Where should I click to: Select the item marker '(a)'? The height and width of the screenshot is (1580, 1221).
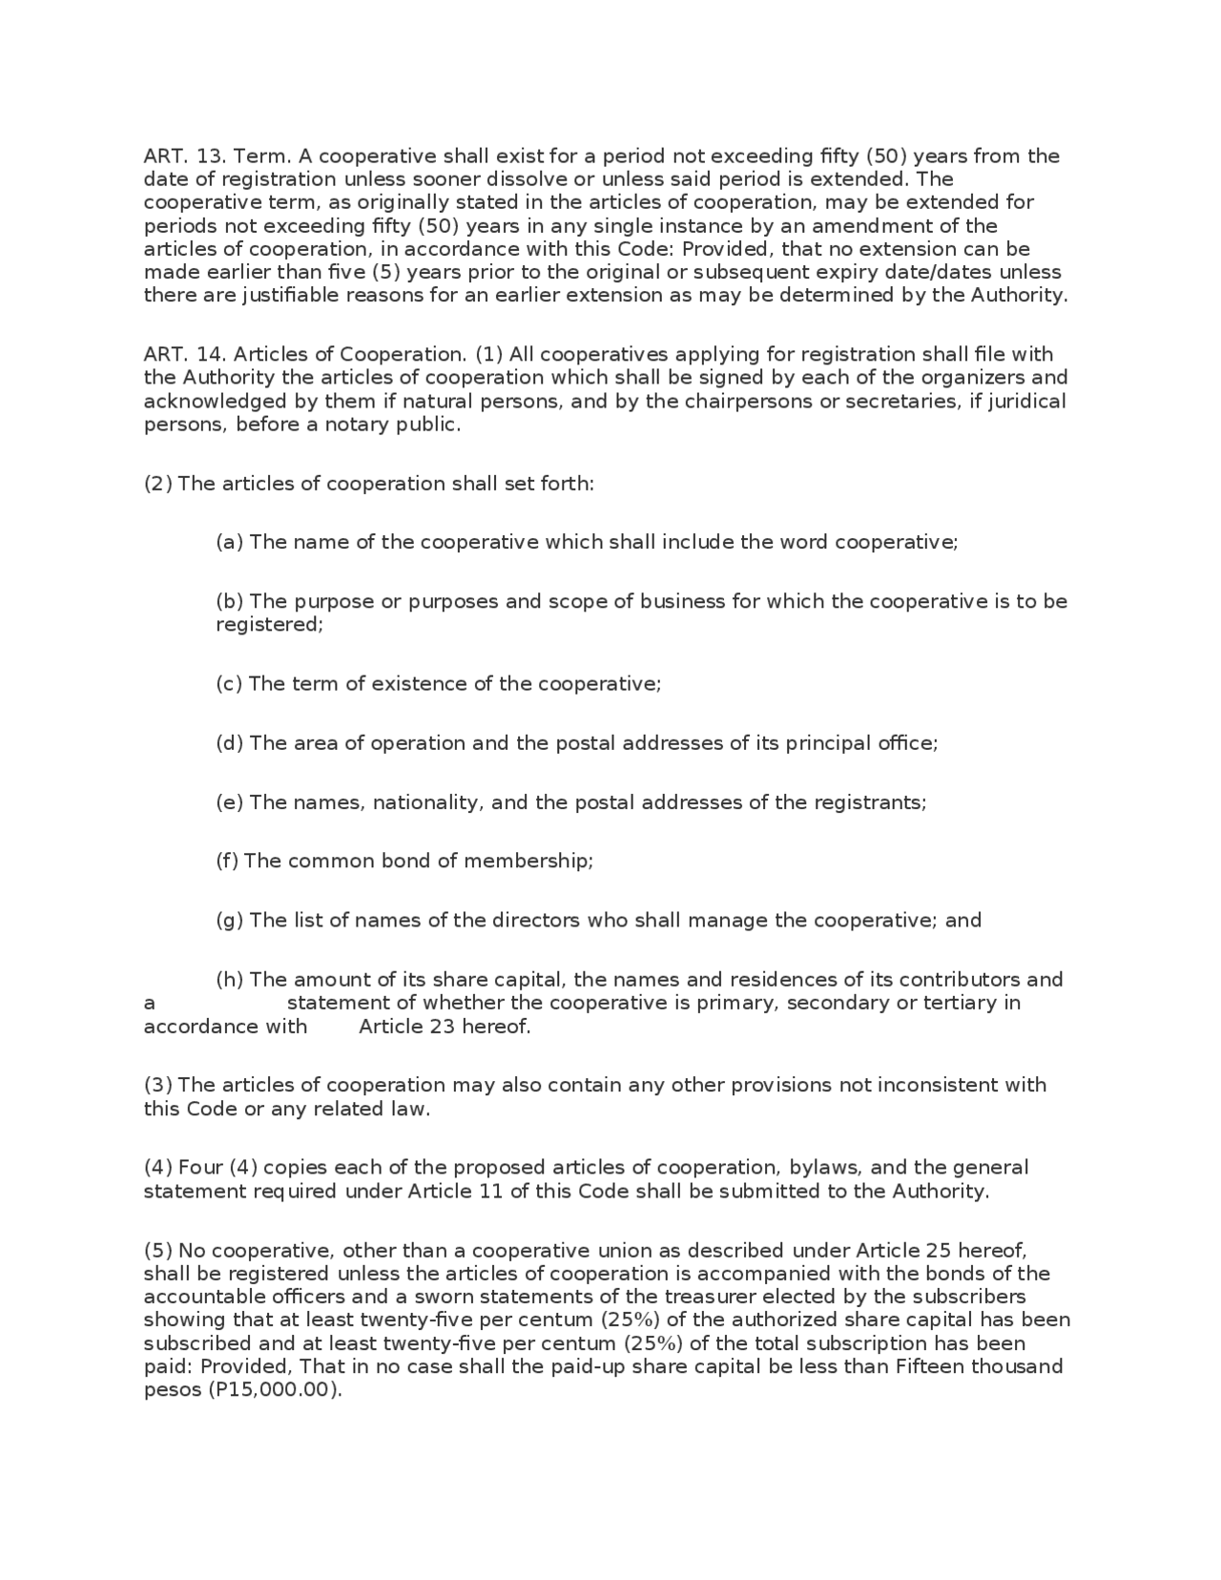tap(229, 543)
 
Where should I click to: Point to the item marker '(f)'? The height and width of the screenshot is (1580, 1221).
tap(226, 862)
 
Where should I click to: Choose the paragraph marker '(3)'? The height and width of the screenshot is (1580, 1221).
tap(157, 1086)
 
